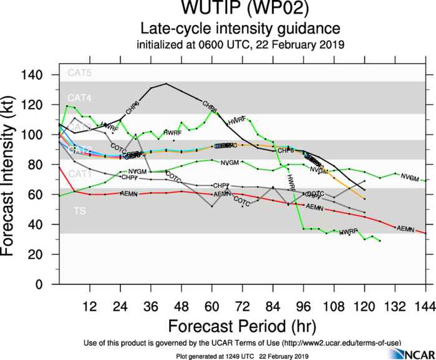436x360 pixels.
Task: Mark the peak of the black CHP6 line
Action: (166, 84)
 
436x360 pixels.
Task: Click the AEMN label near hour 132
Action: (405, 229)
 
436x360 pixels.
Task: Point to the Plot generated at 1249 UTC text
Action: (242, 355)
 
